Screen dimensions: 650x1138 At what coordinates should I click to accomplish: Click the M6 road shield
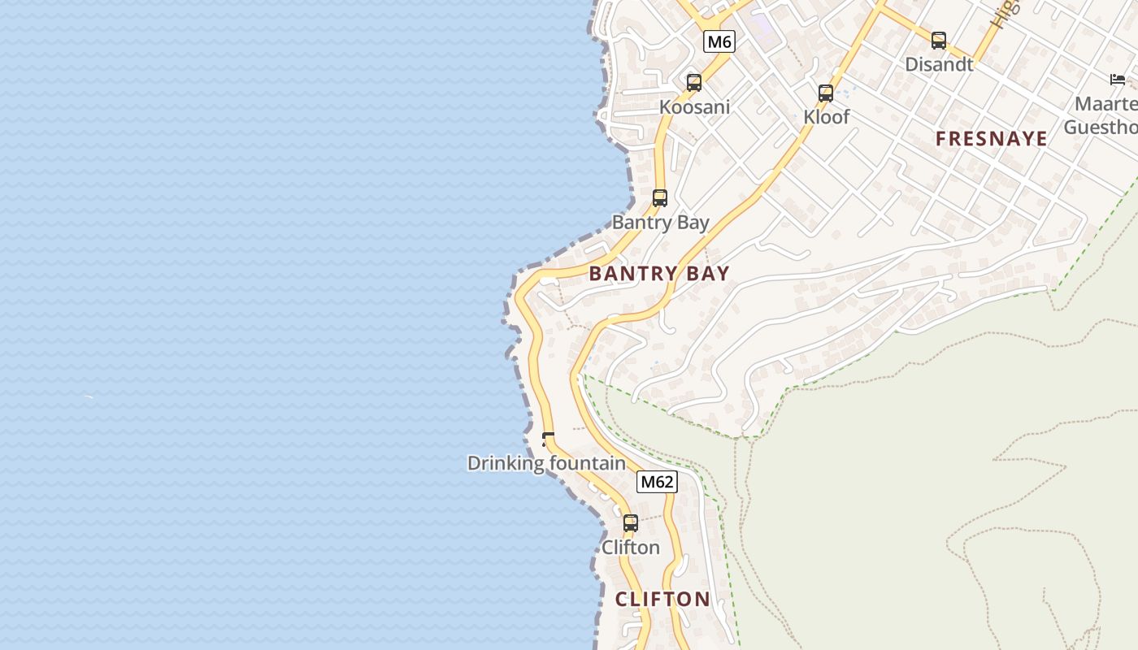click(x=719, y=42)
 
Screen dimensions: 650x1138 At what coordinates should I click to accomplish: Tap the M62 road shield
click(x=657, y=482)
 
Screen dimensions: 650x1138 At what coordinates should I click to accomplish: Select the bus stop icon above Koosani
click(x=693, y=82)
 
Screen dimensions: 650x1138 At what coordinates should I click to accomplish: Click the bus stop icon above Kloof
click(x=826, y=93)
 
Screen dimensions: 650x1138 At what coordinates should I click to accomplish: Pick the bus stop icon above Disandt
click(x=939, y=40)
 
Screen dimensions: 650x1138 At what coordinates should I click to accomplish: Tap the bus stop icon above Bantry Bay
click(x=660, y=197)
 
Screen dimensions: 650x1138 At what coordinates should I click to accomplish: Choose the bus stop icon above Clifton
click(x=631, y=523)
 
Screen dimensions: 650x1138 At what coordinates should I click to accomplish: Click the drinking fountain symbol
click(x=547, y=440)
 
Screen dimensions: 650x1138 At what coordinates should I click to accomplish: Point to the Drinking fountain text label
click(x=546, y=463)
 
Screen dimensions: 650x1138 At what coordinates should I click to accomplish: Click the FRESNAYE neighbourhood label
click(x=991, y=139)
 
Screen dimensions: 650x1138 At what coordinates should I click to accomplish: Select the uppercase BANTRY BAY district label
click(x=659, y=274)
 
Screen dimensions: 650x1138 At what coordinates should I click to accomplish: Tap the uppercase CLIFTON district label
click(x=662, y=600)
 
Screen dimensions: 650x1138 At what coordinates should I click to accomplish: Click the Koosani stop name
click(x=694, y=107)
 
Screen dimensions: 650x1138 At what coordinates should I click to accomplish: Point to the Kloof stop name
click(x=826, y=117)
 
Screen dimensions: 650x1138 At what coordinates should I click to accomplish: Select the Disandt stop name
click(x=939, y=64)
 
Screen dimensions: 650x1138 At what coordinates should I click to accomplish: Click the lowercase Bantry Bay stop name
click(x=660, y=223)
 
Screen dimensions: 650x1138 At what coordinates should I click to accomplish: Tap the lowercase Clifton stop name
click(x=631, y=548)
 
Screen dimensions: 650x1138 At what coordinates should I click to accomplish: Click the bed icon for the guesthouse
click(x=1118, y=79)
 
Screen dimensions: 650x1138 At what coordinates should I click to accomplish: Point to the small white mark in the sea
click(x=89, y=396)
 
